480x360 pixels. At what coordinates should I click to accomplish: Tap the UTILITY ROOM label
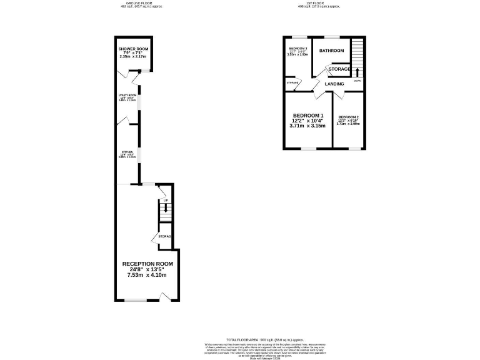(127, 95)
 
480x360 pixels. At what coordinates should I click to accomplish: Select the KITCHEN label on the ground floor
(127, 152)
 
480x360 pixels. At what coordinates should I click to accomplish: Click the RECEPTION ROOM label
(147, 264)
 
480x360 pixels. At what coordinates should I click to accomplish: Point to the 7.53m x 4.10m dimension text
(147, 274)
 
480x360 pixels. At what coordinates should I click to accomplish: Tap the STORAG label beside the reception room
(164, 236)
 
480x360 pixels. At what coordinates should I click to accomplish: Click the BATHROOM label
(331, 51)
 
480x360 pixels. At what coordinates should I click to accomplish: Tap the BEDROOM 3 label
(297, 48)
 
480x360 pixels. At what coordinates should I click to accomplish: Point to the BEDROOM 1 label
(308, 116)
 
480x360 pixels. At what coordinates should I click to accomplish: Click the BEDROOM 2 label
(348, 117)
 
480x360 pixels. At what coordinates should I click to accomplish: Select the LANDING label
(334, 84)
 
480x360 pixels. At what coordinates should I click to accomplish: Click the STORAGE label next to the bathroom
(339, 69)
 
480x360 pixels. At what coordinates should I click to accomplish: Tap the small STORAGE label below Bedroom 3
(292, 82)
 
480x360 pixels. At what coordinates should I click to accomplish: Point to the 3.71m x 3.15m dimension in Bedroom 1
(308, 126)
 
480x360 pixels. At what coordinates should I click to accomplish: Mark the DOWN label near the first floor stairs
(357, 81)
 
